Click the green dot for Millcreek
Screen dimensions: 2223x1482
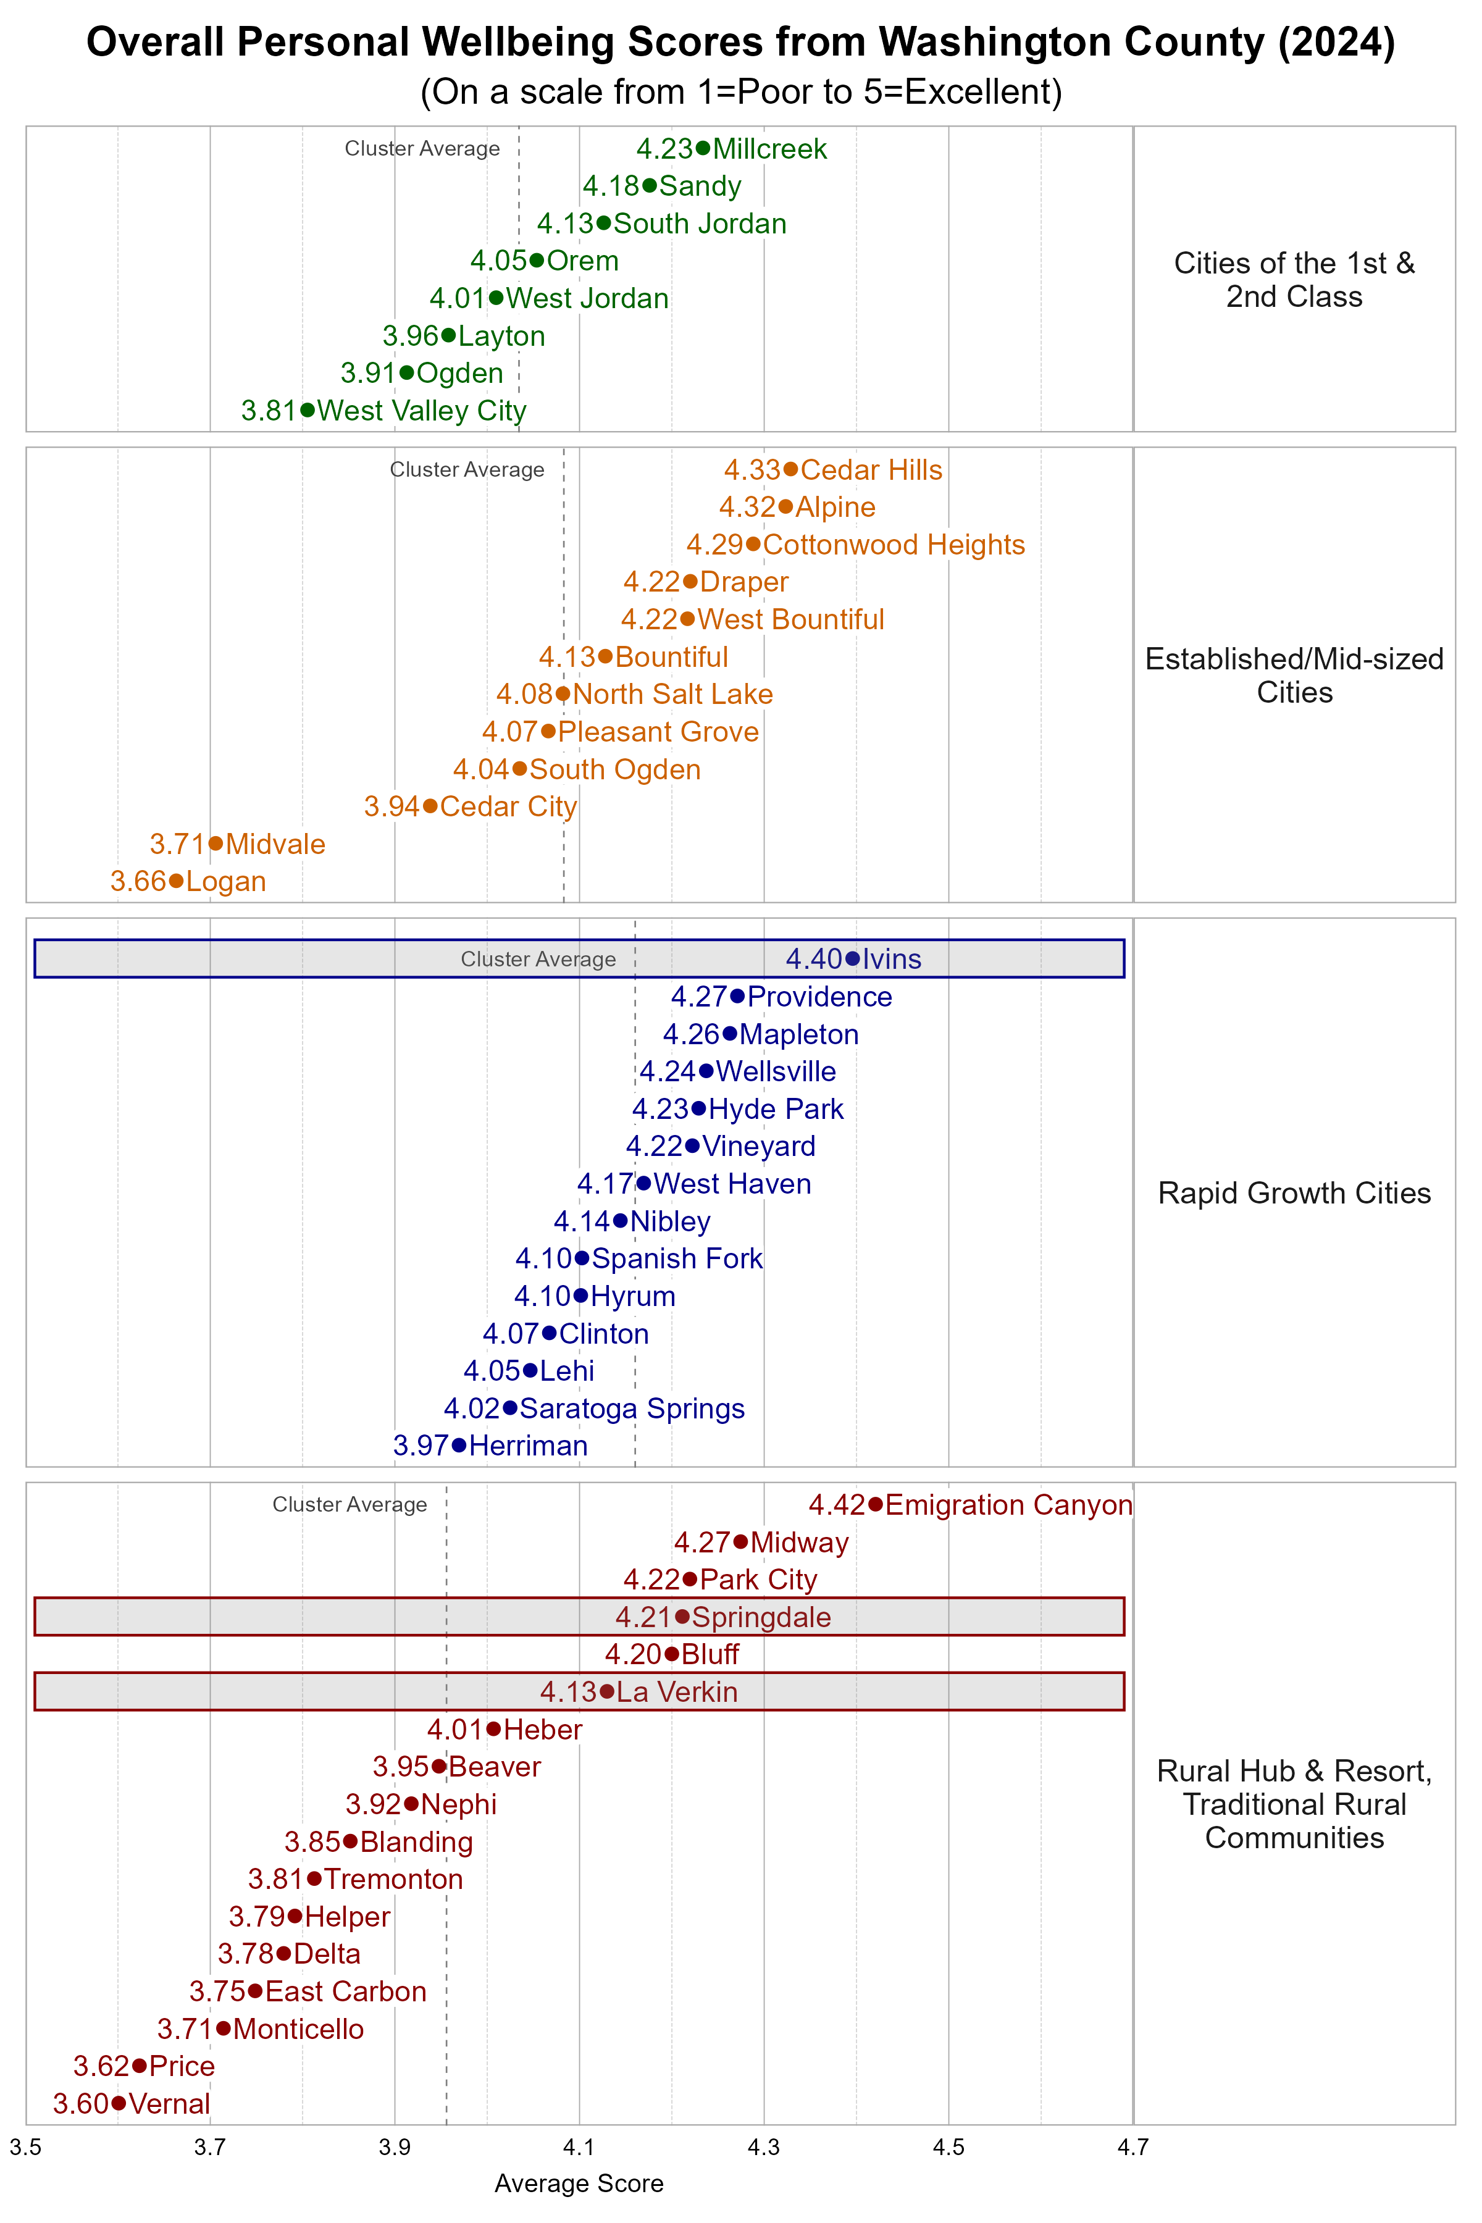coord(702,148)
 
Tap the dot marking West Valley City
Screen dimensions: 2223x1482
coord(307,410)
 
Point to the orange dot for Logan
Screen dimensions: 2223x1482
coord(176,881)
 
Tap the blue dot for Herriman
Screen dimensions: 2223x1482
coord(459,1445)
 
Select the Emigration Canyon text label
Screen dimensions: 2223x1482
coord(1008,1505)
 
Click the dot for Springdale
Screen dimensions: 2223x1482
coord(682,1617)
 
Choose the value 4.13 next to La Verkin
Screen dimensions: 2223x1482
coord(568,1692)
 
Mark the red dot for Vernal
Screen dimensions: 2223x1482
coord(118,2103)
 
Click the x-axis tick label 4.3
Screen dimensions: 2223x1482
coord(764,2148)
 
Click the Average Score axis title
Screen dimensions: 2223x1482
coord(579,2183)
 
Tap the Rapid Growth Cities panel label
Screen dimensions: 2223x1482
coord(1294,1193)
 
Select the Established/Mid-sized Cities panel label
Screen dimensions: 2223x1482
coord(1294,675)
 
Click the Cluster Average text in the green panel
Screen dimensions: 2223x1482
coord(422,148)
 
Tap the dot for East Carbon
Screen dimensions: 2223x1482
coord(255,1991)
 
